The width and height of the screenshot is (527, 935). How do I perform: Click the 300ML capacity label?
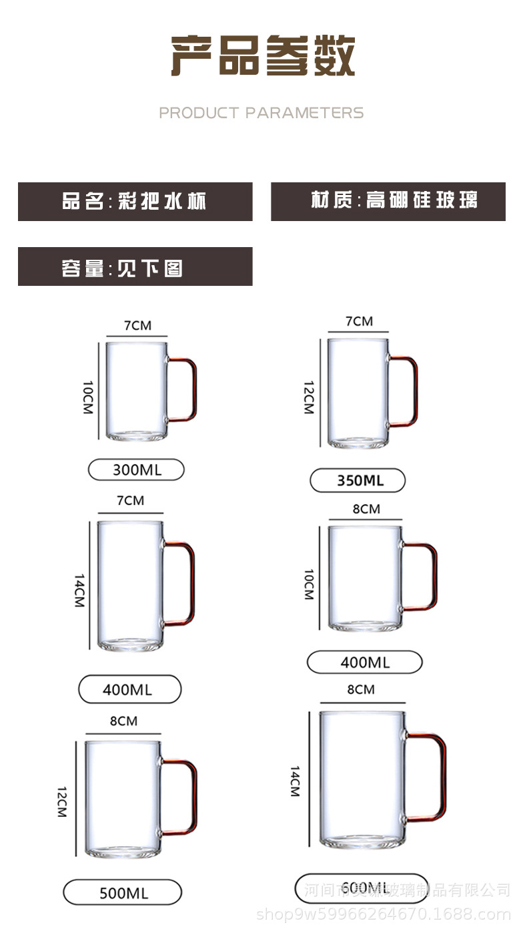point(136,470)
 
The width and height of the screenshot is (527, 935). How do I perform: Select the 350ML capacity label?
point(358,480)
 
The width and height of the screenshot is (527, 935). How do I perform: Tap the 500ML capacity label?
point(123,892)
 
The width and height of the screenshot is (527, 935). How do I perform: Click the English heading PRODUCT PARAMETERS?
point(261,113)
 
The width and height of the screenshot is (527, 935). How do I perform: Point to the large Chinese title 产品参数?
point(263,56)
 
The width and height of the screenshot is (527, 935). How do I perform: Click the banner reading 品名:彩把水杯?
point(135,201)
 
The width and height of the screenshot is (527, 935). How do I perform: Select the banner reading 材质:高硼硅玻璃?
point(388,201)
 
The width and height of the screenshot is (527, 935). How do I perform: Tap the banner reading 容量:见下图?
point(135,266)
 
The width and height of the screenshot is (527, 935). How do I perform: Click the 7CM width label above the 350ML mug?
point(359,321)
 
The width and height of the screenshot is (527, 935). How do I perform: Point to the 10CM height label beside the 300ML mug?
point(87,397)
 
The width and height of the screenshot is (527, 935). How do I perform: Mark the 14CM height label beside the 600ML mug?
point(294,781)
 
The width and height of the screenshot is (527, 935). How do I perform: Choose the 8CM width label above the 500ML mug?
point(123,721)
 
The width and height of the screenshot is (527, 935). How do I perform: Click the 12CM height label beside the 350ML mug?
point(308,398)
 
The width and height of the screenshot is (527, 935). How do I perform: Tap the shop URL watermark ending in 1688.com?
point(384,915)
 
